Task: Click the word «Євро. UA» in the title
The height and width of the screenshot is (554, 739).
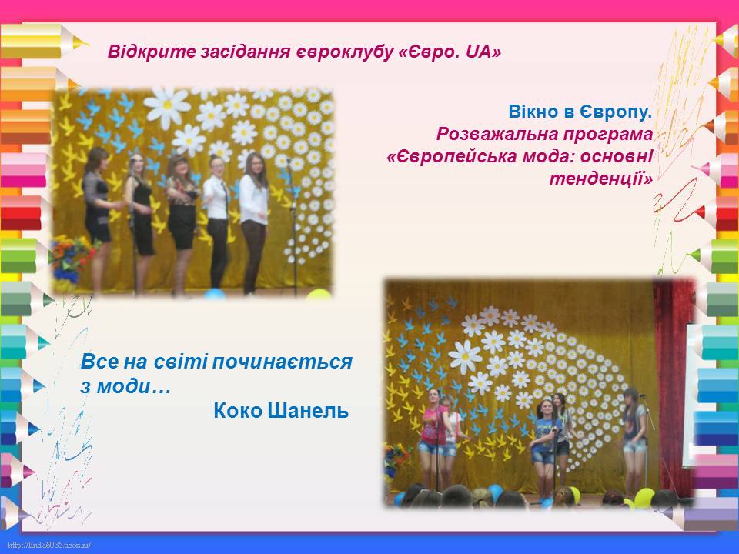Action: click(x=450, y=52)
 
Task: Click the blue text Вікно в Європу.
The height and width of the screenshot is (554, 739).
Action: click(x=580, y=112)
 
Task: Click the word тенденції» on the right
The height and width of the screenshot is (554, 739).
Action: click(x=601, y=179)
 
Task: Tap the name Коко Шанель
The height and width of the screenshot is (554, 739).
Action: click(x=281, y=411)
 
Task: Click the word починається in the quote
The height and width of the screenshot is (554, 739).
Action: click(x=282, y=362)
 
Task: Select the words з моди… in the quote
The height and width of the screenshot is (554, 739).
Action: click(x=125, y=387)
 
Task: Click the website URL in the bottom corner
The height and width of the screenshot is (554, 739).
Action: click(x=49, y=546)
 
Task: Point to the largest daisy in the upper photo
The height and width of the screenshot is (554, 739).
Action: click(x=167, y=108)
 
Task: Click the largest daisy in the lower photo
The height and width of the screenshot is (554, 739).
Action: click(x=465, y=356)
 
